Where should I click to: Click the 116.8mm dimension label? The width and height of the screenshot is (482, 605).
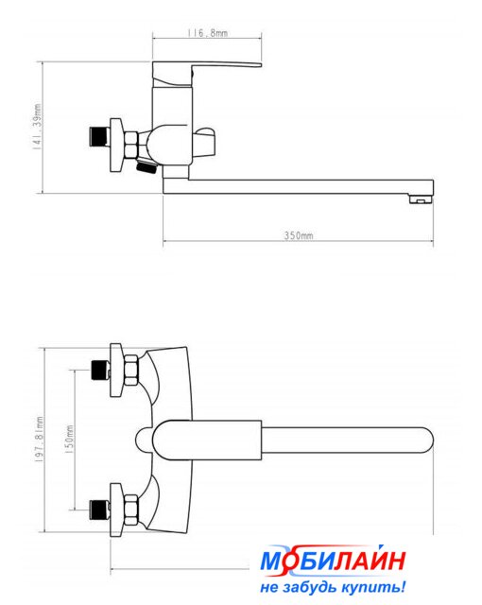[x=208, y=33]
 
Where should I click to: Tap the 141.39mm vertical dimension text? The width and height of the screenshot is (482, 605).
[x=38, y=126]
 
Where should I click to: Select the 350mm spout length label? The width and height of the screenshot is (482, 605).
[x=299, y=235]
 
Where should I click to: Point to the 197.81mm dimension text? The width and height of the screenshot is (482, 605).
[x=39, y=440]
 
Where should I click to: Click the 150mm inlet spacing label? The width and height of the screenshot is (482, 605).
[x=69, y=440]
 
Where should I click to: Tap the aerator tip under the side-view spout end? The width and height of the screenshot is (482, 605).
[x=421, y=199]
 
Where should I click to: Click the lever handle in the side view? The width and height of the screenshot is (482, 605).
[x=207, y=74]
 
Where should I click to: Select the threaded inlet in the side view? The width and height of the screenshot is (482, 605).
[x=99, y=137]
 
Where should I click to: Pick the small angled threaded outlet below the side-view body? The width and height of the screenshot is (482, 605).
[x=146, y=166]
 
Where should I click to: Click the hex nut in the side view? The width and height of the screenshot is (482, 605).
[x=131, y=145]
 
